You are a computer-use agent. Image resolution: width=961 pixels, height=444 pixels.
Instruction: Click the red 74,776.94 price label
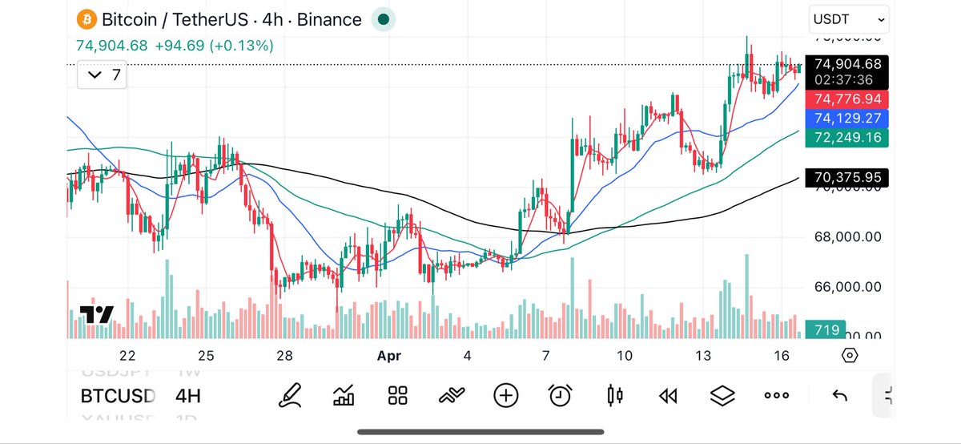click(x=848, y=99)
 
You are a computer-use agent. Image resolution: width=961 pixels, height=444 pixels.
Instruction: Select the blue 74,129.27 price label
click(x=848, y=118)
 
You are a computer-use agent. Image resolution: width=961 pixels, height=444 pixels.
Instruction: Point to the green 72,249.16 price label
click(x=848, y=138)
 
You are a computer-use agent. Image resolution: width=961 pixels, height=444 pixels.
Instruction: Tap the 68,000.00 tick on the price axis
click(x=848, y=237)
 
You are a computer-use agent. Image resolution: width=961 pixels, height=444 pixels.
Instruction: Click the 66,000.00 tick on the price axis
click(x=848, y=287)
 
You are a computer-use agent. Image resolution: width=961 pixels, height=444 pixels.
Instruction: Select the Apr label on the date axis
click(x=388, y=356)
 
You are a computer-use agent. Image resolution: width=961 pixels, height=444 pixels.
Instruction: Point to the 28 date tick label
click(x=284, y=356)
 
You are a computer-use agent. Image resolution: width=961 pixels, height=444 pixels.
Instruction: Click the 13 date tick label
click(x=703, y=356)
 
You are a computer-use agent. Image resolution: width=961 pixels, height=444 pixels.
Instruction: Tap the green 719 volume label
click(x=826, y=329)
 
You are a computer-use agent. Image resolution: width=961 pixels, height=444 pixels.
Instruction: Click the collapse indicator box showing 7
click(x=105, y=75)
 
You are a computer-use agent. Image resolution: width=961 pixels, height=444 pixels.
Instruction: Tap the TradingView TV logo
click(x=96, y=314)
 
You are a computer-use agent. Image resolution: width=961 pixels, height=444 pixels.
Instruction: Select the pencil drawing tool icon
click(x=290, y=395)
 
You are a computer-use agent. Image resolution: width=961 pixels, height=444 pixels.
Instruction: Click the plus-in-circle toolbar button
click(x=506, y=395)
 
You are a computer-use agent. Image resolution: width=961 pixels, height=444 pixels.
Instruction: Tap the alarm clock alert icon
click(x=561, y=395)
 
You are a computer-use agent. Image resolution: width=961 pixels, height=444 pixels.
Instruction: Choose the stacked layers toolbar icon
click(x=722, y=395)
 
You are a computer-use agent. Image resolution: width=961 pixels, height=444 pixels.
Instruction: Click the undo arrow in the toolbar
click(x=840, y=395)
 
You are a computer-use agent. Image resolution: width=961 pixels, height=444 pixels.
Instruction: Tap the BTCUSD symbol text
click(x=118, y=396)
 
